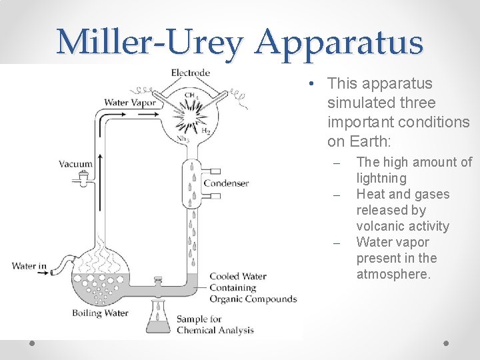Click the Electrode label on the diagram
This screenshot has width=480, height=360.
coord(191,73)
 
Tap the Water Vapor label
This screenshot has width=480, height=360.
coord(130,103)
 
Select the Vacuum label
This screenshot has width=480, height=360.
coord(75,163)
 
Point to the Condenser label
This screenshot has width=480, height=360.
coord(226,183)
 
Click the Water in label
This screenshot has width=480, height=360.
coord(29,267)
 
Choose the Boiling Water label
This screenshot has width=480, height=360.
coord(101,313)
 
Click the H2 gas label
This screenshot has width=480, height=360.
coord(205,132)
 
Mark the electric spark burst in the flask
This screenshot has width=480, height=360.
coord(190,117)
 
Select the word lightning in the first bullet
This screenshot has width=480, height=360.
coord(381,178)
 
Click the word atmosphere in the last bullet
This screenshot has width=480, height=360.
coord(393,274)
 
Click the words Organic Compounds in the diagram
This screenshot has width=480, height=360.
coord(253,299)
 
